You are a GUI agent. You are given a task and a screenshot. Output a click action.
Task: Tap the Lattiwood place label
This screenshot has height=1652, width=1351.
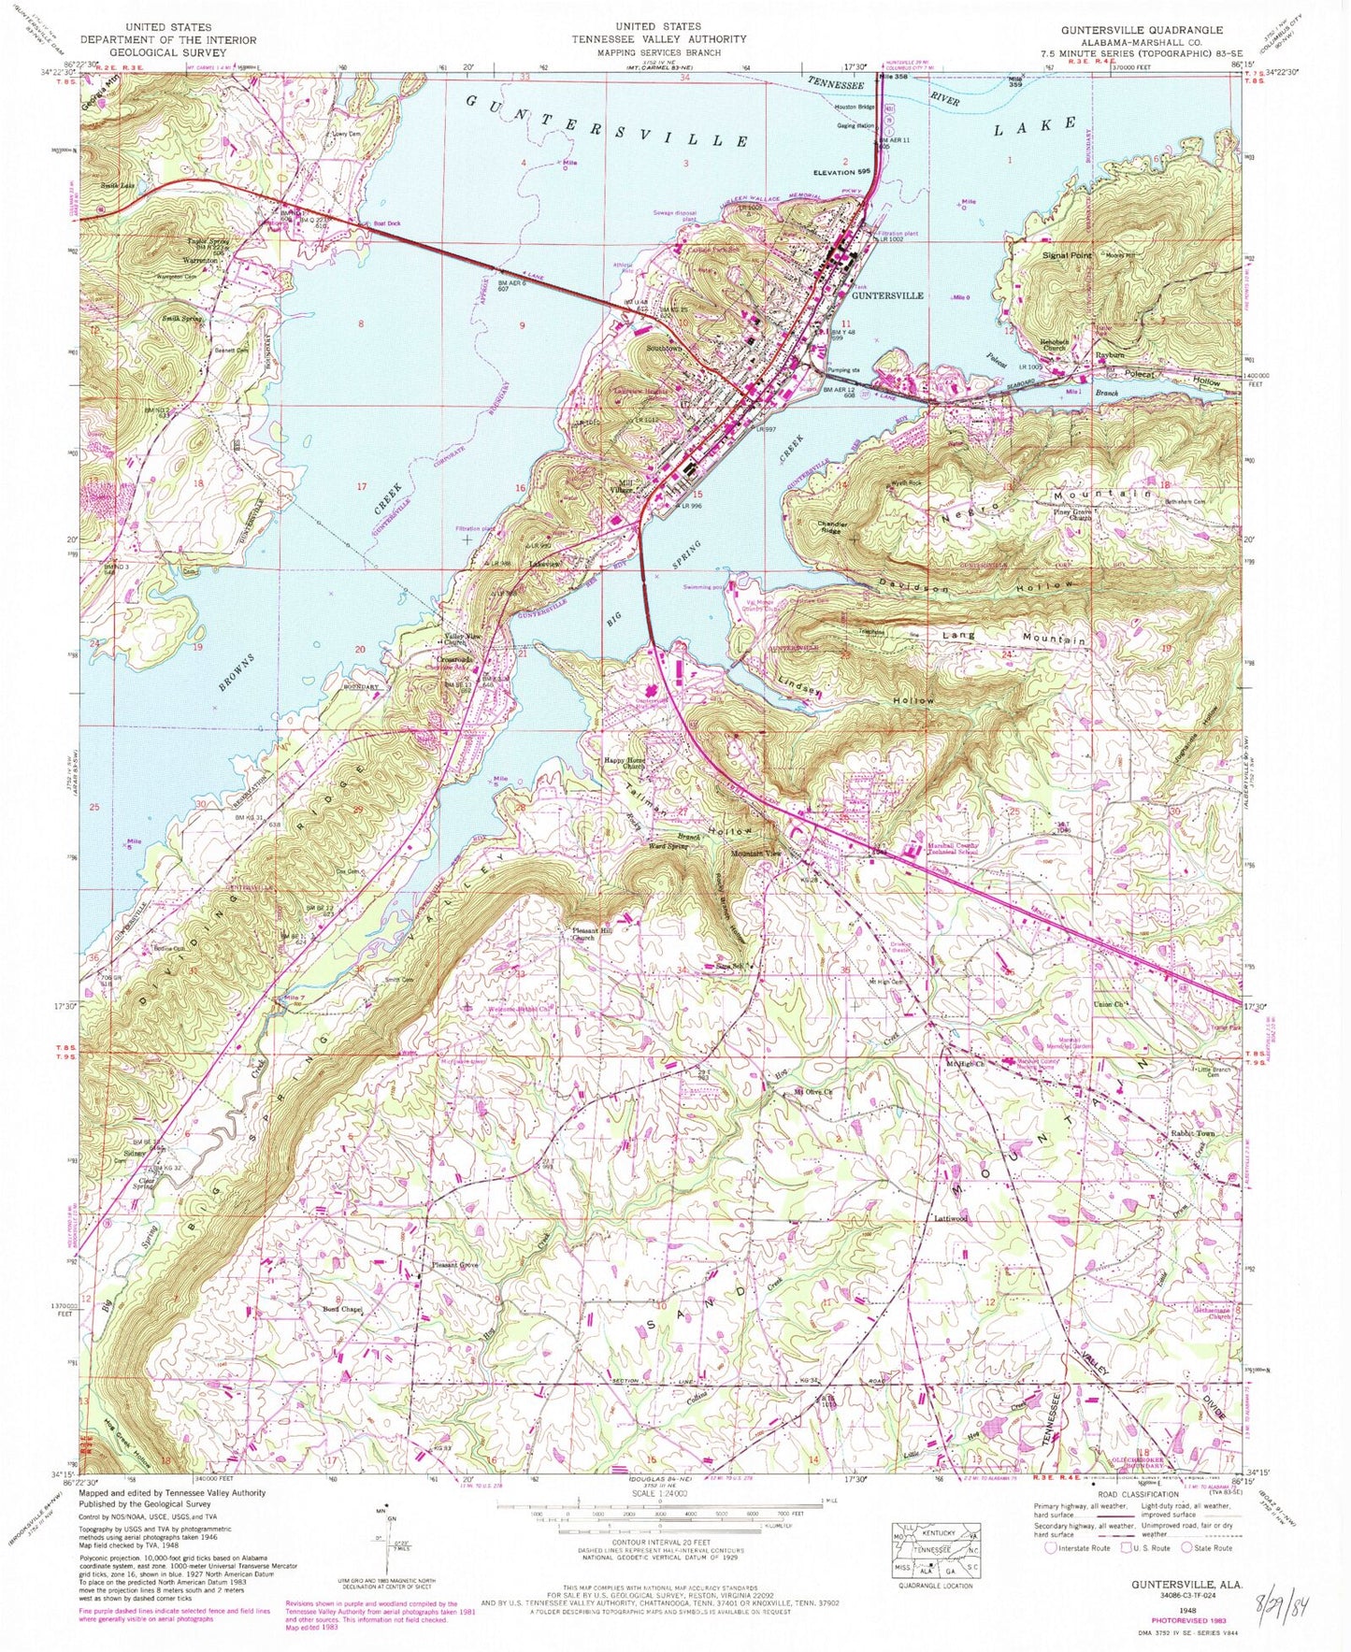(x=951, y=1219)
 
